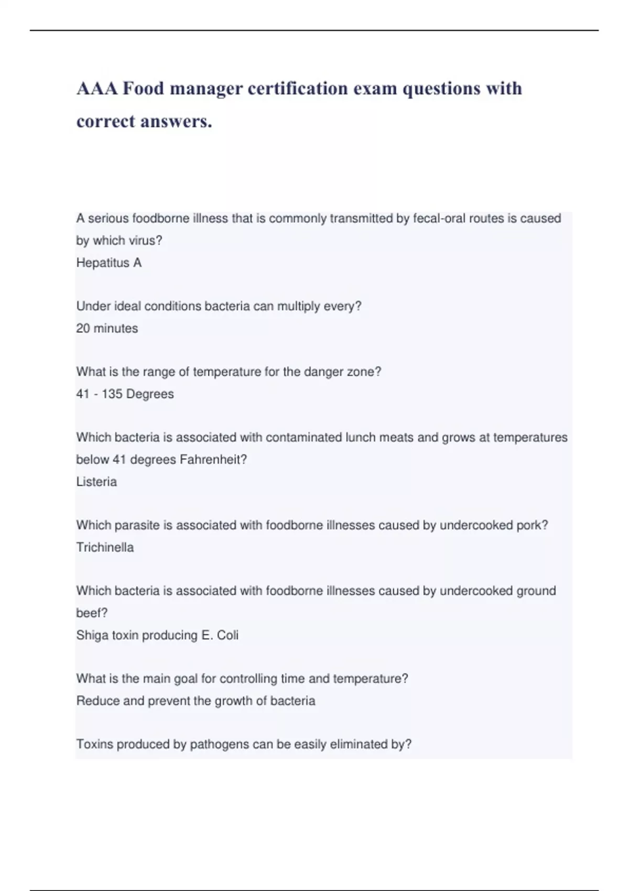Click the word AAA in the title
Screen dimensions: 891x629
click(97, 89)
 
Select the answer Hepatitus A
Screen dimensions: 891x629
click(109, 263)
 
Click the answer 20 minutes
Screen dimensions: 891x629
click(107, 328)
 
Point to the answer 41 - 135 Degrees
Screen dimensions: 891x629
click(125, 394)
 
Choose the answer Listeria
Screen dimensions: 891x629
click(96, 482)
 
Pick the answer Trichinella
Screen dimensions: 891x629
click(105, 547)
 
